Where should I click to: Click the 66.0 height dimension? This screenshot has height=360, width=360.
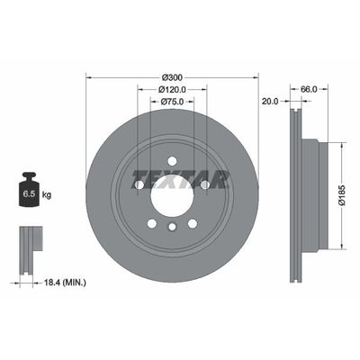coord(308,90)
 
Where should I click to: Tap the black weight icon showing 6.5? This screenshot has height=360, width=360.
coord(29,191)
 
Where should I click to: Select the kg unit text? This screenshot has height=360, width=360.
coord(47,193)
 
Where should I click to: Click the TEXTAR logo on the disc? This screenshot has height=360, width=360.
coord(180,176)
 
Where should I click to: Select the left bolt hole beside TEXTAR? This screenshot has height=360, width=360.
coord(139,185)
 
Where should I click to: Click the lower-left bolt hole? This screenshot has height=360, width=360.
coord(151,224)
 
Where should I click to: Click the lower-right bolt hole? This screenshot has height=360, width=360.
coord(192,224)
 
